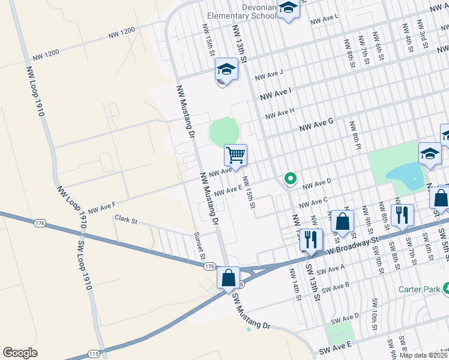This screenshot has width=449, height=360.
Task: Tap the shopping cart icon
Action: (x=236, y=155)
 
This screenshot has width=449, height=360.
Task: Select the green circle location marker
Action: (x=290, y=178)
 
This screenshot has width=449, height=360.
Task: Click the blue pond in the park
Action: (x=403, y=175)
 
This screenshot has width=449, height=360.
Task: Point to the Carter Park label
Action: (x=423, y=289)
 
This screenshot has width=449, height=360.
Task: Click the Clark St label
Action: (x=126, y=220)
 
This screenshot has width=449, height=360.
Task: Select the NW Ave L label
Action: (x=325, y=21)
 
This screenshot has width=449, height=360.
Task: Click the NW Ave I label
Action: (x=276, y=93)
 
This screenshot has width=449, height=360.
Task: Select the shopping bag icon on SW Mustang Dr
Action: (x=228, y=278)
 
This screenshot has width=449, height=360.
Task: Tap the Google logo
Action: (x=20, y=353)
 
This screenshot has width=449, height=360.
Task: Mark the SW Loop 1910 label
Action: (x=84, y=265)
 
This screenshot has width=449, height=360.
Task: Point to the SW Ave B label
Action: (x=336, y=289)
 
